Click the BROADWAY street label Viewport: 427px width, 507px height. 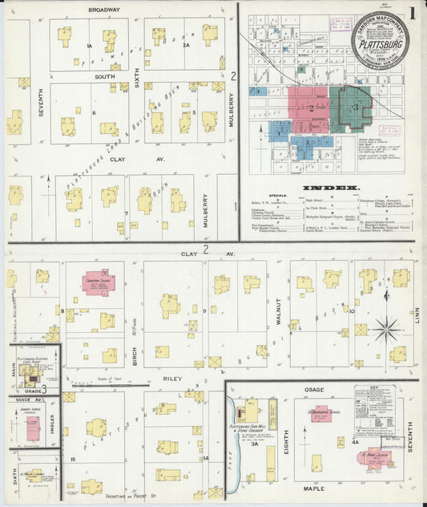coord(104,10)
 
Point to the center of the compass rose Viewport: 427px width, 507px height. coord(385,328)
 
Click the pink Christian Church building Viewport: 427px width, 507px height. coord(99,284)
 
